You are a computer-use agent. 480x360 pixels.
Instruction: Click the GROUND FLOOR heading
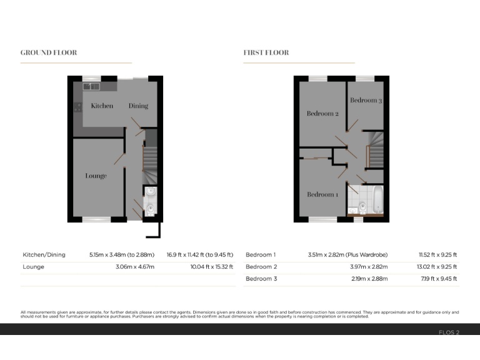(x=49, y=52)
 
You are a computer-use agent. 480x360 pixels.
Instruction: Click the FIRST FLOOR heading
(x=266, y=52)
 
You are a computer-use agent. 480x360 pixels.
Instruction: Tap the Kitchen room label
(x=102, y=106)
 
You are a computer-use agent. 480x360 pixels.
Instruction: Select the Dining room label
(x=138, y=106)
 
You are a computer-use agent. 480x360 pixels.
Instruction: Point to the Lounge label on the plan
(x=96, y=176)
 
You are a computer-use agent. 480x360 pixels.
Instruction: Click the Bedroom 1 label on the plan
(x=322, y=194)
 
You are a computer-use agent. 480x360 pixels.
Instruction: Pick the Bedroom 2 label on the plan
(x=322, y=114)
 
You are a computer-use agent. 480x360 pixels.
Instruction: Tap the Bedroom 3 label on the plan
(x=366, y=100)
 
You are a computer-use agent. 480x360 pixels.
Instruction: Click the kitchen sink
(x=91, y=86)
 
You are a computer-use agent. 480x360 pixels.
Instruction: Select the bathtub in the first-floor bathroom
(x=376, y=199)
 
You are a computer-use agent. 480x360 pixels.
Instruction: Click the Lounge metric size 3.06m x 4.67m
(x=134, y=266)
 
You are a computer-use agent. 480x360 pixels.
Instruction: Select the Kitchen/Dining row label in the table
(x=42, y=255)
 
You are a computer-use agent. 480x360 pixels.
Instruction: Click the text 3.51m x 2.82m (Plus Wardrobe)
(x=347, y=255)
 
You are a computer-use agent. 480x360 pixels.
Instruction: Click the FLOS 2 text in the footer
(x=449, y=332)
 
